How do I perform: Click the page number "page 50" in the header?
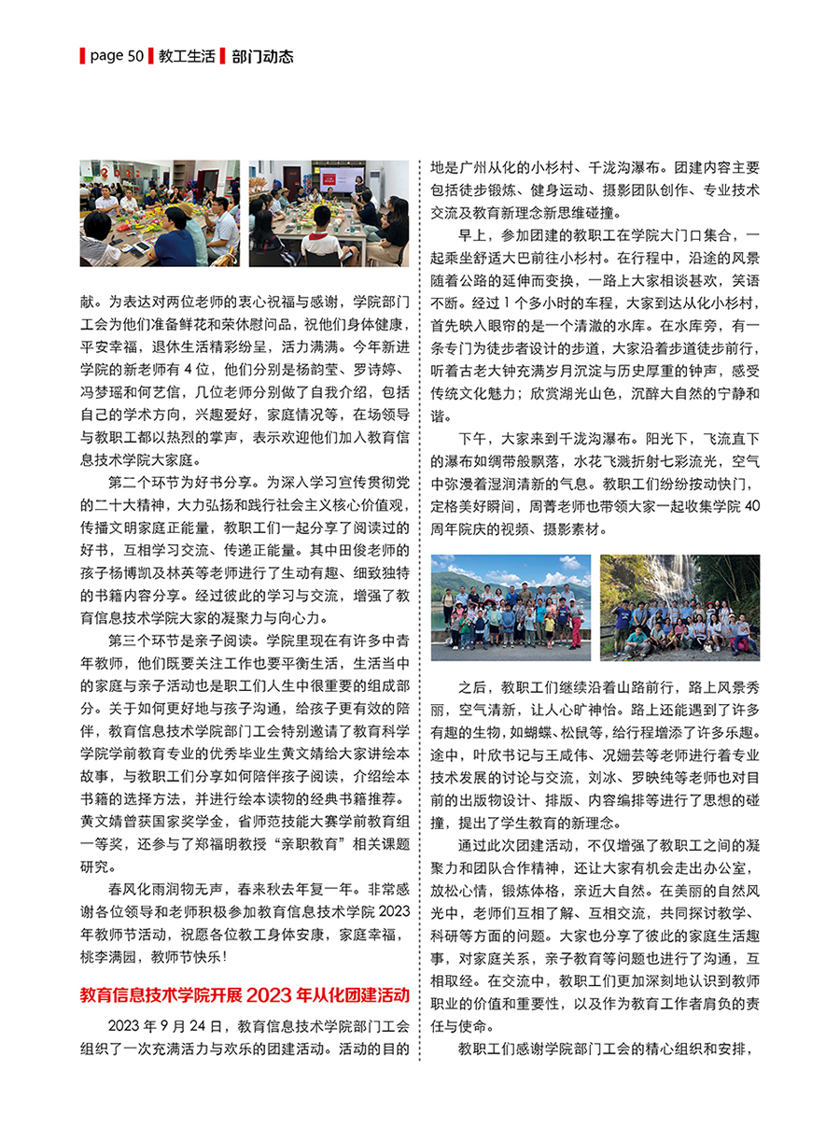tap(116, 57)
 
